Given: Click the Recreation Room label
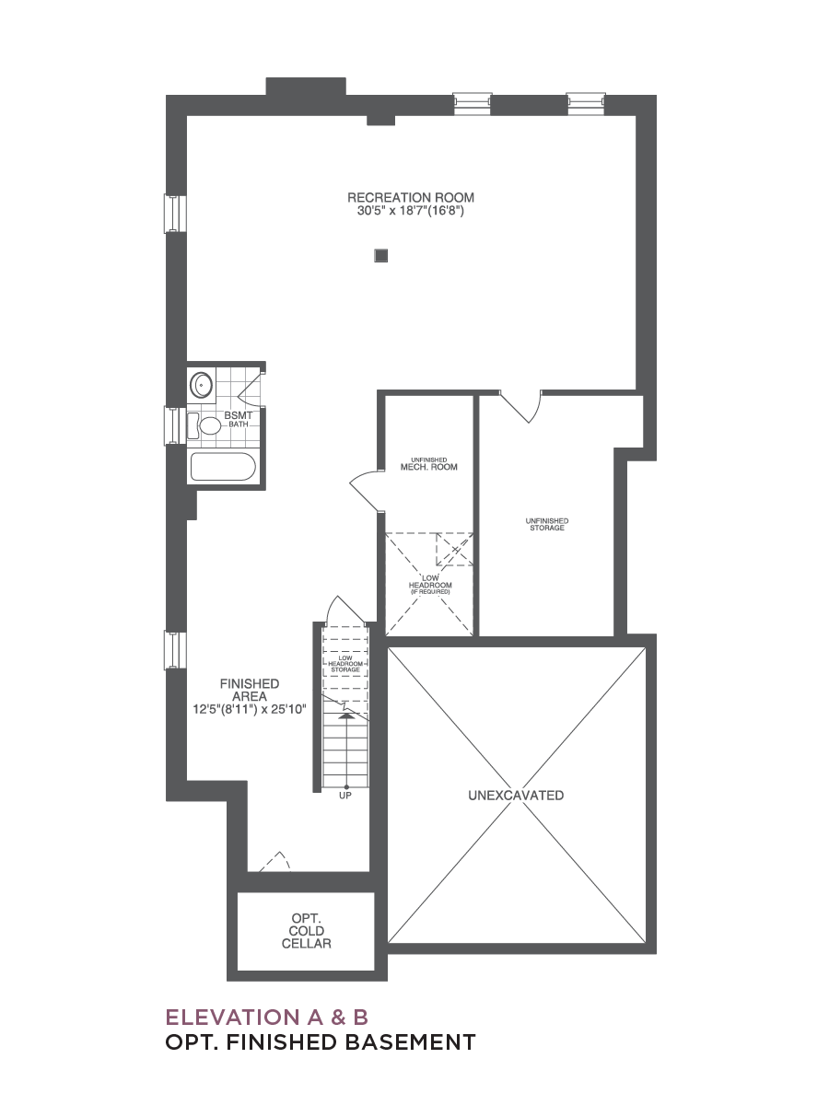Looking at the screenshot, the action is [411, 197].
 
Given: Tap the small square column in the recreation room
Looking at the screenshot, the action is [381, 256].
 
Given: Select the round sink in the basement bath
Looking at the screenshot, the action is [202, 386].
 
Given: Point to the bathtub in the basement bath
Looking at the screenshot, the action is [223, 467].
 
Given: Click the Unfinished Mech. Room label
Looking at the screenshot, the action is [429, 464].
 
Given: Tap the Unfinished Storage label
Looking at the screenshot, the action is [547, 524].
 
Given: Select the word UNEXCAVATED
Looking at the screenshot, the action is [516, 796].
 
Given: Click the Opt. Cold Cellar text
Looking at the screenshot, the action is [307, 931].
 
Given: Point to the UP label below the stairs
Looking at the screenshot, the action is [345, 796].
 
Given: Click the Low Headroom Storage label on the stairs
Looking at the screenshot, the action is [345, 664].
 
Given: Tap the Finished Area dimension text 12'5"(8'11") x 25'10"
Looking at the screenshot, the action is [250, 709].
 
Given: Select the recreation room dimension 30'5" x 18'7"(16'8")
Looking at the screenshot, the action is [410, 211].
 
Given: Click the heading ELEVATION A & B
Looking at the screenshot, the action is [267, 1017].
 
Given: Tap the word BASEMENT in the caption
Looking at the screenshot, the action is [410, 1042].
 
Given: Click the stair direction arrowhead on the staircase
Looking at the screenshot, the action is [345, 715].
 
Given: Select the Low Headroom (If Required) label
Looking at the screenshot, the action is [430, 585].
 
